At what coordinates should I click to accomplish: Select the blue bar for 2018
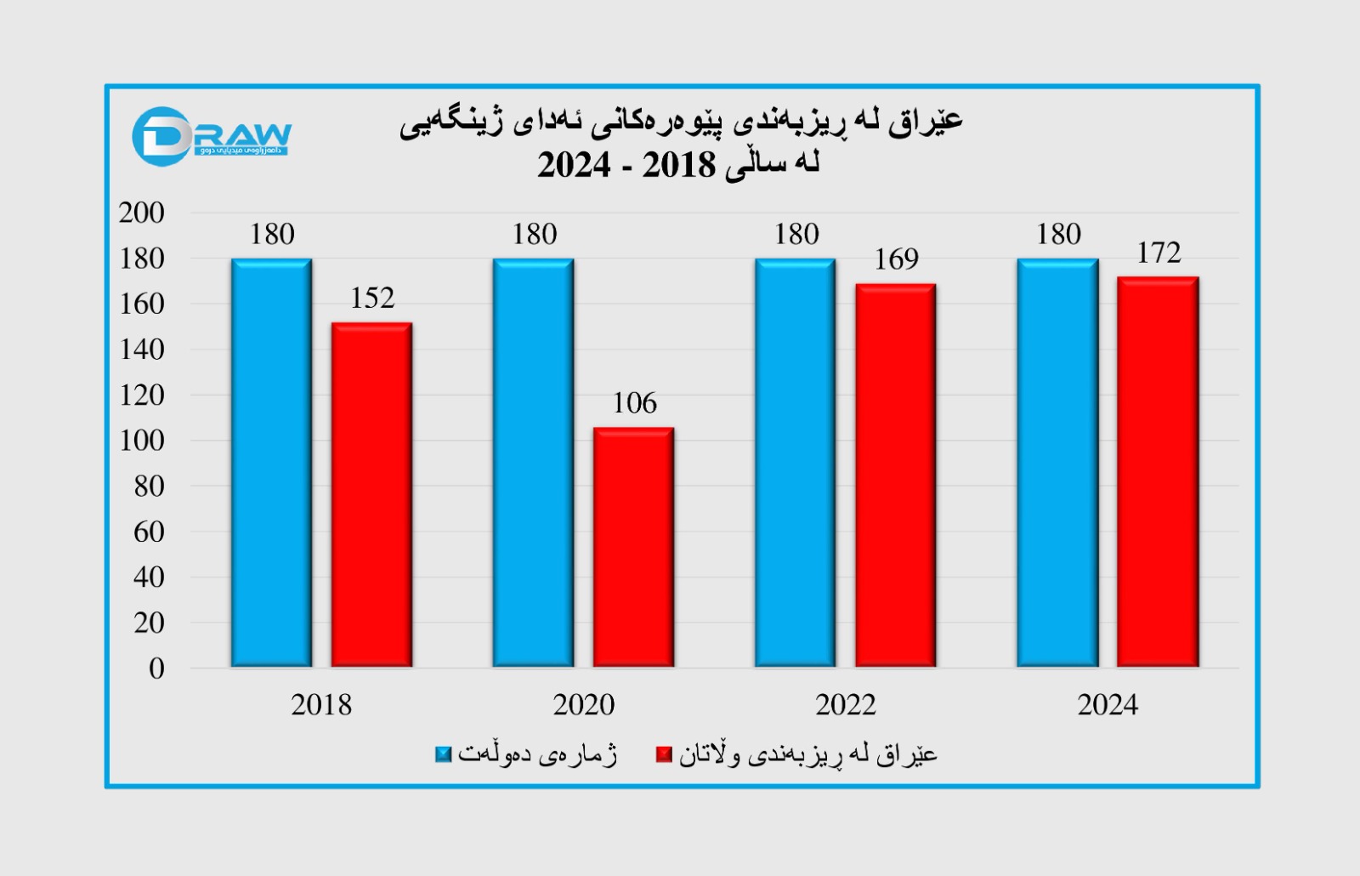point(272,463)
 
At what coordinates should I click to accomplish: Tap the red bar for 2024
point(1158,472)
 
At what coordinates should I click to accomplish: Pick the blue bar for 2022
point(796,463)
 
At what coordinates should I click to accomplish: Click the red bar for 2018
point(371,494)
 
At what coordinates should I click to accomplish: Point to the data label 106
point(634,403)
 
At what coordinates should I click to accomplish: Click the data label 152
point(372,299)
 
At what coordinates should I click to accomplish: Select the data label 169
point(896,259)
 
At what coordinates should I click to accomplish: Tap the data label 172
point(1159,253)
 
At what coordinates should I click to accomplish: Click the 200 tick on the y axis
point(141,213)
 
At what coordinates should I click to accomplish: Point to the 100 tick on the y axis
point(141,441)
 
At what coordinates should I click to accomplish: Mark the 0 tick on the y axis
point(156,668)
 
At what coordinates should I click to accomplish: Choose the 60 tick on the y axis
point(149,532)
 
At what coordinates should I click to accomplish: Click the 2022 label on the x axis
point(846,705)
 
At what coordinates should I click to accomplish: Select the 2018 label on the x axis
point(321,705)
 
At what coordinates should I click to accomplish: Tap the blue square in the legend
point(443,754)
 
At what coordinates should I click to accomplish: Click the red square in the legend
point(664,754)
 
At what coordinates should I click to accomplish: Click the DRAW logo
point(212,136)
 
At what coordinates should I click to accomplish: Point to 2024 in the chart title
point(574,165)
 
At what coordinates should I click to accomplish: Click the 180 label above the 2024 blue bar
point(1058,235)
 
